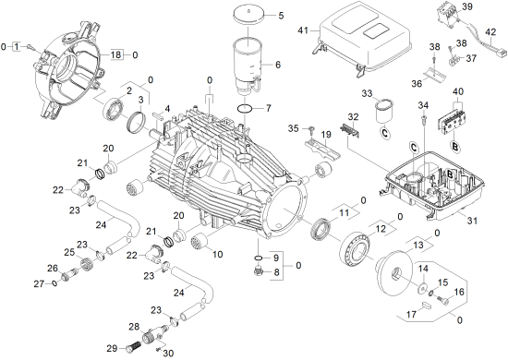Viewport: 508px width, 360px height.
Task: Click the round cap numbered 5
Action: (x=248, y=16)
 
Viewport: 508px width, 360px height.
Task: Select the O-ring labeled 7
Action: (x=246, y=109)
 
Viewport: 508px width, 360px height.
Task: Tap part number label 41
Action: (x=303, y=30)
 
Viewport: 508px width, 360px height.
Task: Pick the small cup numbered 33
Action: (x=384, y=111)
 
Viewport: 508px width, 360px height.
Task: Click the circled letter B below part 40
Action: (x=454, y=147)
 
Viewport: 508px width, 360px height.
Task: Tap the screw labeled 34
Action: (x=423, y=118)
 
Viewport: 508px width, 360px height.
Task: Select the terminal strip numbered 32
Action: (x=351, y=130)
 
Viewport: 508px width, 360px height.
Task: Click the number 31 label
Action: (x=472, y=221)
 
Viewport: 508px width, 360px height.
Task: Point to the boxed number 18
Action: (x=116, y=54)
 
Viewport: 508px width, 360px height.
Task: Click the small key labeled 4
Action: (x=158, y=114)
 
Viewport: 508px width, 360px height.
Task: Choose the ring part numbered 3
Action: (x=134, y=122)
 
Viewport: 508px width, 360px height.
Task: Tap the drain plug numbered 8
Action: (x=259, y=270)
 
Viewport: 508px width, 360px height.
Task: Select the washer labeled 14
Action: (x=422, y=288)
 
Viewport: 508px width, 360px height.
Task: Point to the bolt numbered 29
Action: (x=132, y=349)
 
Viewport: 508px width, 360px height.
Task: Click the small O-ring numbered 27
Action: (x=54, y=283)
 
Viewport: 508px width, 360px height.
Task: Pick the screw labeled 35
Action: (x=312, y=130)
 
